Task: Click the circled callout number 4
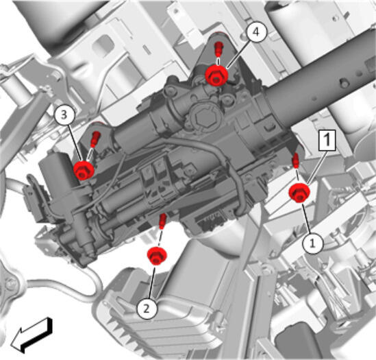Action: pyautogui.click(x=256, y=32)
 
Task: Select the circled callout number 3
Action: pyautogui.click(x=64, y=115)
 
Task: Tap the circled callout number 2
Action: pyautogui.click(x=147, y=309)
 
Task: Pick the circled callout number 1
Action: pyautogui.click(x=313, y=243)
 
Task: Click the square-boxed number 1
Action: pyautogui.click(x=327, y=141)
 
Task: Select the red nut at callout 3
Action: pyautogui.click(x=84, y=170)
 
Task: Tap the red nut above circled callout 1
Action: pyautogui.click(x=299, y=193)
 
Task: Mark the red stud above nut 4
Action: pyautogui.click(x=218, y=48)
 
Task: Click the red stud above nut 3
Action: pyautogui.click(x=95, y=139)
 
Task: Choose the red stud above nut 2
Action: pyautogui.click(x=163, y=221)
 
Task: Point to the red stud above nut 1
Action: pyautogui.click(x=296, y=160)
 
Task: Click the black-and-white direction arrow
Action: pyautogui.click(x=32, y=335)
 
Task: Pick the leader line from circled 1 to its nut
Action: pyautogui.click(x=306, y=219)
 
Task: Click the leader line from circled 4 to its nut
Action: pyautogui.click(x=238, y=54)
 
